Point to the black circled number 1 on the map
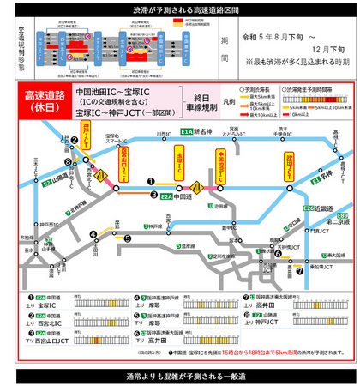(x=152, y=181)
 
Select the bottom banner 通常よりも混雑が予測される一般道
(x=180, y=377)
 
